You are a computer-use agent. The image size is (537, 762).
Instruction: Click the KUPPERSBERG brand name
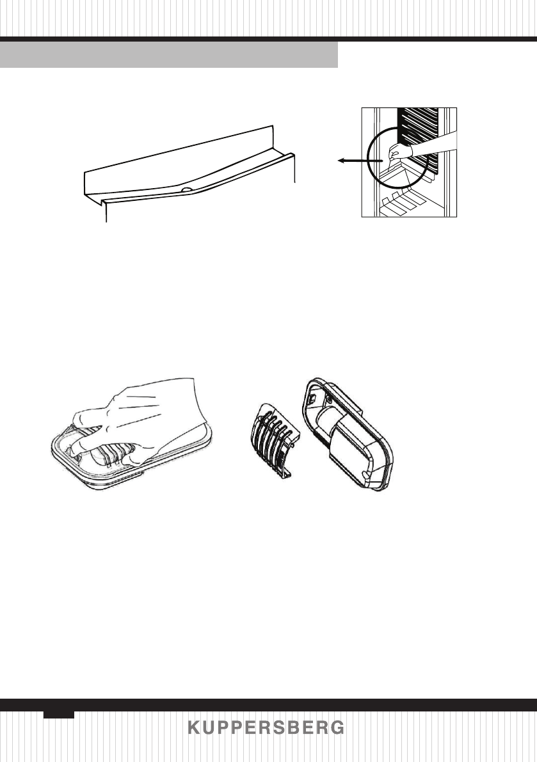266,729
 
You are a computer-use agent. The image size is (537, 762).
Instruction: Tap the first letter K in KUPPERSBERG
193,729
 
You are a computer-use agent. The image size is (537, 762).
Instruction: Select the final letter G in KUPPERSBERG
339,729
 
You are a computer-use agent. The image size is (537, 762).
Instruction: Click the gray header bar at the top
169,55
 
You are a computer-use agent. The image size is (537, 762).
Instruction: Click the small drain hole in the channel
185,190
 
